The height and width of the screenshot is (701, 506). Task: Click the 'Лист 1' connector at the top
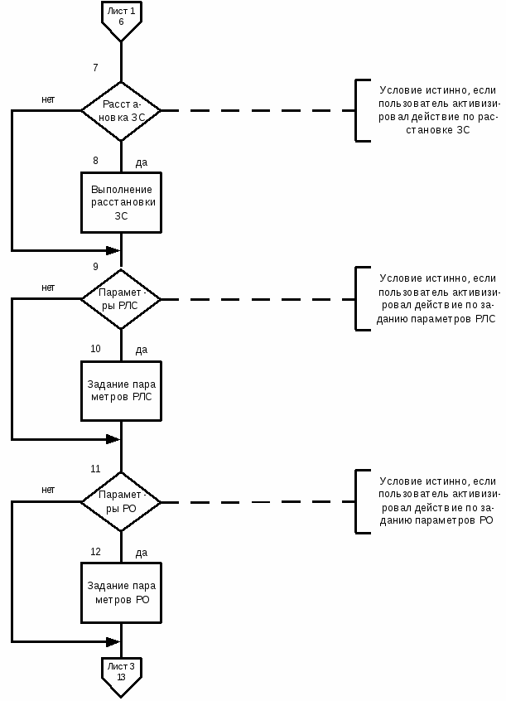[x=121, y=19]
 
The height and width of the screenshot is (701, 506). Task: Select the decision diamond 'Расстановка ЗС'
[x=121, y=111]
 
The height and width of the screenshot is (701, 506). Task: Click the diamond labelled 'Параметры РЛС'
[x=121, y=299]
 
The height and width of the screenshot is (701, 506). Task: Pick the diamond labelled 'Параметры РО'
[x=121, y=501]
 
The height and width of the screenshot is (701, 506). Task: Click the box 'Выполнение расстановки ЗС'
[x=121, y=202]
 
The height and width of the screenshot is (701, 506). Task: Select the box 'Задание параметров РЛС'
[x=121, y=391]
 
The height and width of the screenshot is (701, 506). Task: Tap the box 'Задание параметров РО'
[x=121, y=592]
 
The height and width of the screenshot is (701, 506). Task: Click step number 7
[x=95, y=67]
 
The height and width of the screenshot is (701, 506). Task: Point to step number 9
[x=95, y=267]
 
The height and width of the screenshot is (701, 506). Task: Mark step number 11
[x=95, y=468]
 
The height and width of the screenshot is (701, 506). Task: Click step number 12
[x=96, y=552]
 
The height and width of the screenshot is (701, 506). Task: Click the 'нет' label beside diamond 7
[x=48, y=99]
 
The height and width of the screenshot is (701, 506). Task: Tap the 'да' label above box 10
[x=142, y=350]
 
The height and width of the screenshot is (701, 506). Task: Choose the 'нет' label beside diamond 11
[x=48, y=490]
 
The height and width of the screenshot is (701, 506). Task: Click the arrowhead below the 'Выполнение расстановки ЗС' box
[x=113, y=251]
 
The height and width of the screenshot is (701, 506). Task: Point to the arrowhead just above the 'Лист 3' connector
[x=113, y=642]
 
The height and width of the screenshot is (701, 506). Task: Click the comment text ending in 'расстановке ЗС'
[x=438, y=110]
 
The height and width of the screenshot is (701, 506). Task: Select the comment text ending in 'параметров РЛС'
[x=437, y=298]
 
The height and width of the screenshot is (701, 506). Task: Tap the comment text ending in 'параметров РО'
[x=438, y=500]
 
